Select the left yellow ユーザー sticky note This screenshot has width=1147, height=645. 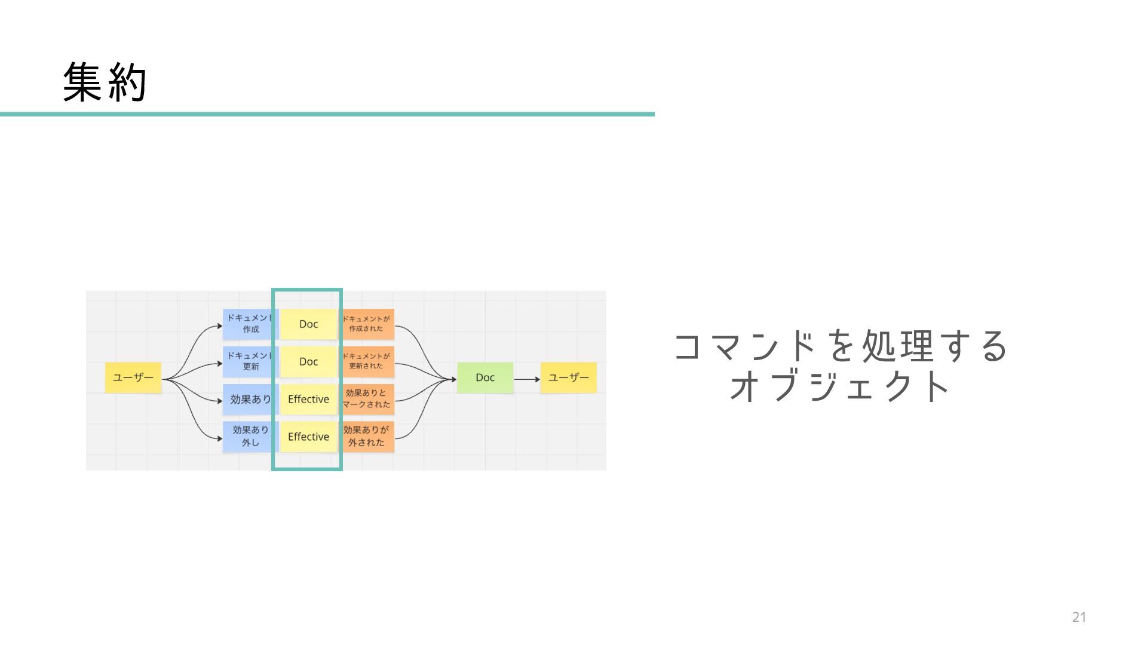pyautogui.click(x=133, y=377)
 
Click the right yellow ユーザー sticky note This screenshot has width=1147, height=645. pyautogui.click(x=568, y=377)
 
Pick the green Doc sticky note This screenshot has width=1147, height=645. pyautogui.click(x=485, y=377)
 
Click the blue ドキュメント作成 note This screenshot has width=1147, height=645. pyautogui.click(x=250, y=324)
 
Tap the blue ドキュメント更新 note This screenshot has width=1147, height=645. pyautogui.click(x=250, y=361)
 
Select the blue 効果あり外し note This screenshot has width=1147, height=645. pyautogui.click(x=250, y=437)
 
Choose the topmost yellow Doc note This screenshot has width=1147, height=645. pyautogui.click(x=308, y=324)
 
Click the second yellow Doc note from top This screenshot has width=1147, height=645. pyautogui.click(x=308, y=362)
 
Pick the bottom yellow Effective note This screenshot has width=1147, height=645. pyautogui.click(x=308, y=437)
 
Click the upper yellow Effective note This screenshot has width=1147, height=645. pyautogui.click(x=308, y=399)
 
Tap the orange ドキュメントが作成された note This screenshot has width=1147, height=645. pyautogui.click(x=367, y=324)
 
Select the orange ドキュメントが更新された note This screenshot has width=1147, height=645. pyautogui.click(x=367, y=361)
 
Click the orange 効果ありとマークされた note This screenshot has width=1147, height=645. pyautogui.click(x=367, y=399)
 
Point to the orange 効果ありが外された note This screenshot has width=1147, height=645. pyautogui.click(x=367, y=437)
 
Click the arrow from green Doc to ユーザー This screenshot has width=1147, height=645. pyautogui.click(x=526, y=379)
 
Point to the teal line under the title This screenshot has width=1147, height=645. pyautogui.click(x=327, y=114)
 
